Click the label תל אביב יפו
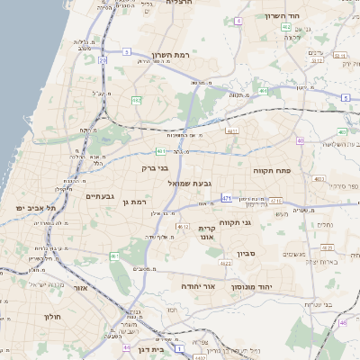[35, 208]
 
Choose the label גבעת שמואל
[190, 183]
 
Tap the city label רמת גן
[134, 202]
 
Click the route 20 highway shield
[103, 61]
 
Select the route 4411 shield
[232, 131]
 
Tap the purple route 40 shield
[299, 140]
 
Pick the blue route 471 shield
[226, 198]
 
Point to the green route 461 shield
[114, 257]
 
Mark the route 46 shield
[342, 322]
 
